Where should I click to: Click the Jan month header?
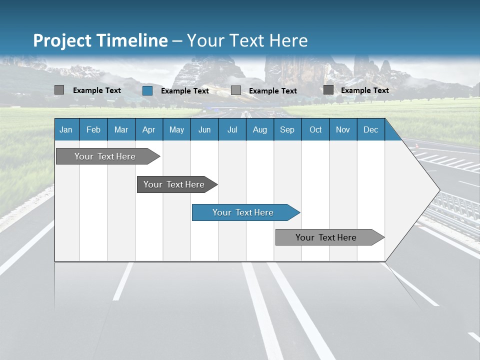tap(66, 129)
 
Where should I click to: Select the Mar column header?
tap(121, 129)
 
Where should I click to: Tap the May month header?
tap(176, 129)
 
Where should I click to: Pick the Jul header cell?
tap(232, 129)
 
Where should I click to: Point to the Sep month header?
tap(287, 129)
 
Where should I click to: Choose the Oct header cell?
tap(315, 129)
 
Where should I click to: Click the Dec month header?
tap(370, 129)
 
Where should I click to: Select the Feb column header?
tap(93, 129)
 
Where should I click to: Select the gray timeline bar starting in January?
tap(105, 156)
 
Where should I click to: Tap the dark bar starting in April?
tap(174, 184)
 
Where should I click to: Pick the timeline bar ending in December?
tap(326, 237)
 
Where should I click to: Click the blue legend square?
tap(147, 90)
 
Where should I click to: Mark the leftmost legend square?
tap(59, 90)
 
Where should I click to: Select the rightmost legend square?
tap(328, 90)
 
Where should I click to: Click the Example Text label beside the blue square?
tap(184, 91)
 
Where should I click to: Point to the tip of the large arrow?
tap(439, 190)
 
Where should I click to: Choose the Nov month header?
tap(343, 129)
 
